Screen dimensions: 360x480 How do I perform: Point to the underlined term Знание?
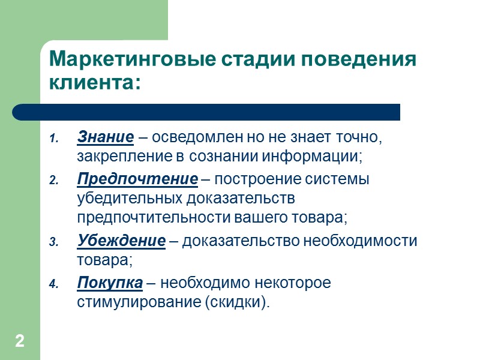coord(106,137)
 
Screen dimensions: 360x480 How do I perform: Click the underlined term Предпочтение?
coord(137,179)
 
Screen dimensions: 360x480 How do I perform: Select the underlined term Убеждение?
coord(121,241)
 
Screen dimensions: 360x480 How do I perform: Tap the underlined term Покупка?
coord(110,282)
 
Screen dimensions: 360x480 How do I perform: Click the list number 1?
coord(52,139)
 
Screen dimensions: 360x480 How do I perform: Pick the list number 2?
coord(52,181)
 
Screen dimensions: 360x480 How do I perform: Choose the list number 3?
coord(52,242)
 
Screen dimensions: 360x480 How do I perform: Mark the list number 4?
coord(52,284)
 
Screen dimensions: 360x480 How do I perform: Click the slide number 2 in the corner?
coord(20,342)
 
